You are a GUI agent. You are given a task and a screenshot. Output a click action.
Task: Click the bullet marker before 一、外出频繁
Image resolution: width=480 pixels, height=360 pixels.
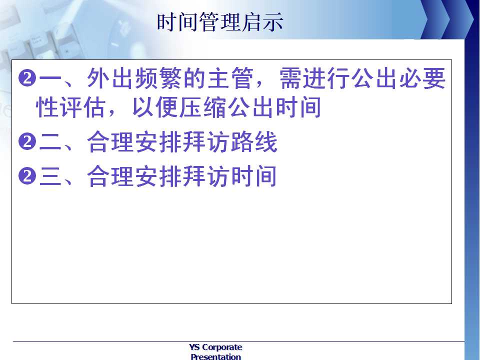coord(27,78)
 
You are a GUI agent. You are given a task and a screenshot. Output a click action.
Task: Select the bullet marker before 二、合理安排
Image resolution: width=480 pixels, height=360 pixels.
coord(27,141)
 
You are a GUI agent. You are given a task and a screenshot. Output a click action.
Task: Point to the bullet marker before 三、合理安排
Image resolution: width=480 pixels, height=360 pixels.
coord(27,176)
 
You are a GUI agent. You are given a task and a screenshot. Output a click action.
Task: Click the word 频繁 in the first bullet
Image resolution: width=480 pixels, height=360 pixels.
coord(158,78)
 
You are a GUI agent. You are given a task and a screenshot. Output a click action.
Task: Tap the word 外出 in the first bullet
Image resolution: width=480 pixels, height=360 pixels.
coord(110,78)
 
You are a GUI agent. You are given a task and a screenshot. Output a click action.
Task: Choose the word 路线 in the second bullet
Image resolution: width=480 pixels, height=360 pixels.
coord(254,141)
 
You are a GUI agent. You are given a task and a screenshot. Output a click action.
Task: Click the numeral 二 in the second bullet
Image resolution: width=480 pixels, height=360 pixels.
coord(50,141)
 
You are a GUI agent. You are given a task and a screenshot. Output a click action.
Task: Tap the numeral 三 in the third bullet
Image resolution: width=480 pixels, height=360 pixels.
coord(50,176)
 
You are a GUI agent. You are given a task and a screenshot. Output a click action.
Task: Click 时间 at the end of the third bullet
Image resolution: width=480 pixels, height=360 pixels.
coord(254,176)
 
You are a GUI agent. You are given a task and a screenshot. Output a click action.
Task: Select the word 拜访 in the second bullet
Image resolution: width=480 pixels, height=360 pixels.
coord(206,141)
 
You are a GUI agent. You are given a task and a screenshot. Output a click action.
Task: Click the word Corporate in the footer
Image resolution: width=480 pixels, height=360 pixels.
coord(222,347)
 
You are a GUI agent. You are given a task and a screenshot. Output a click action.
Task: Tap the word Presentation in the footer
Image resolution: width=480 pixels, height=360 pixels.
coord(215,356)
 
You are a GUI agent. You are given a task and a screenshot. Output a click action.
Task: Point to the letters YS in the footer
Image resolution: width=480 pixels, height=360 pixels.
coord(194,347)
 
